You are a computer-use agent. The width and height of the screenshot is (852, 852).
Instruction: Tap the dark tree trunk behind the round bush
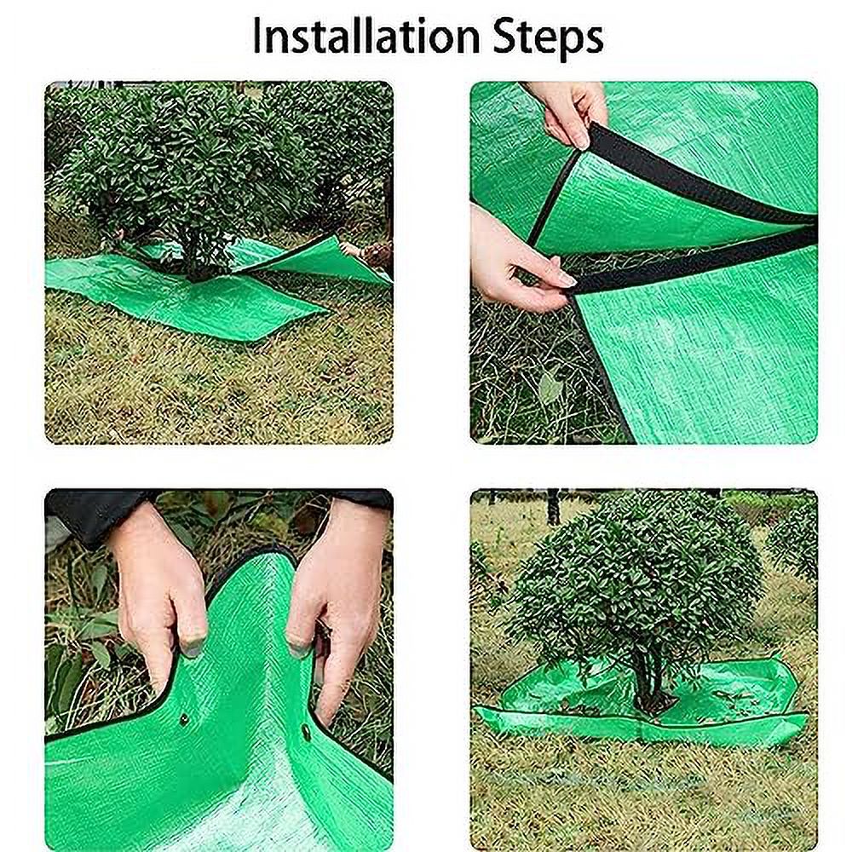pos(554,506)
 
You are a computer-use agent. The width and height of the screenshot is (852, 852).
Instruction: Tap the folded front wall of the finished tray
pos(639,724)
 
